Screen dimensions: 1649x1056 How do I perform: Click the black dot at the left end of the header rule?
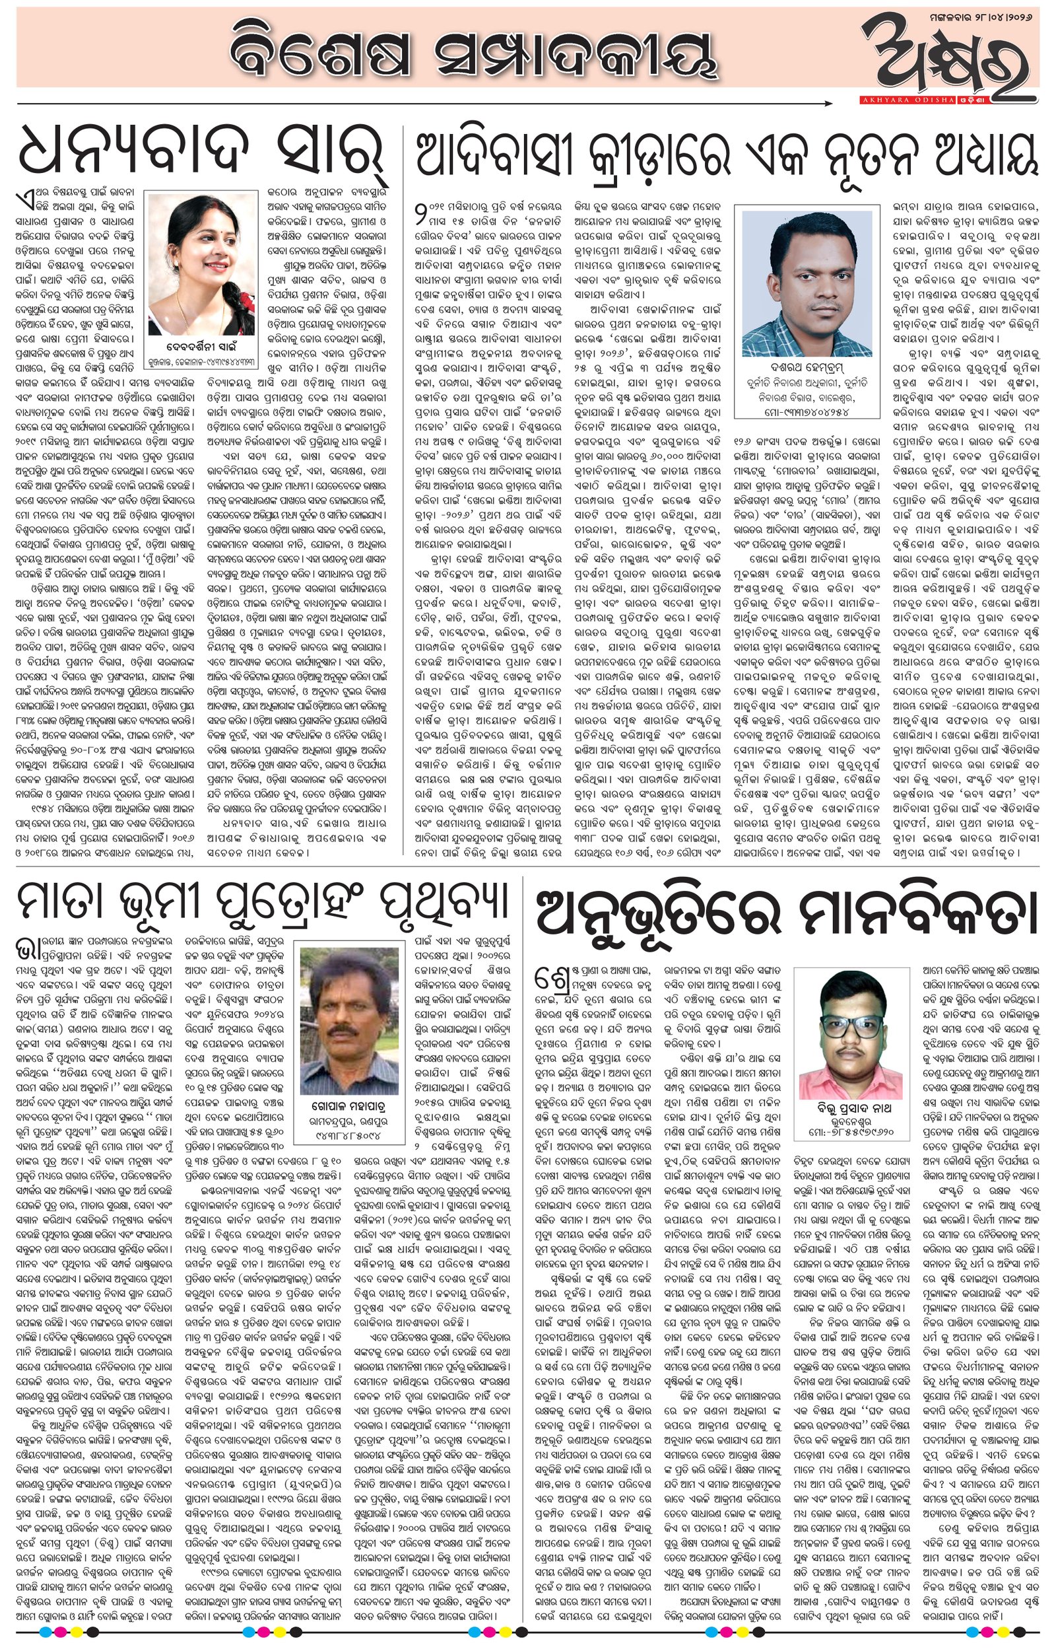pyautogui.click(x=18, y=104)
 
